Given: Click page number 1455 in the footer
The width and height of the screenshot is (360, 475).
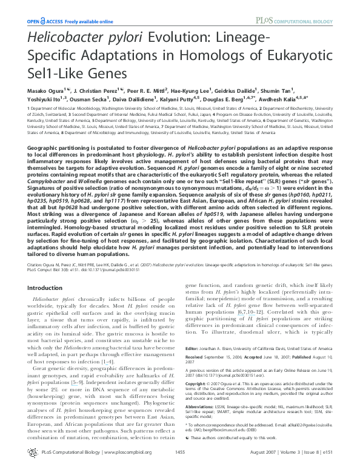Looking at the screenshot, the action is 180,469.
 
